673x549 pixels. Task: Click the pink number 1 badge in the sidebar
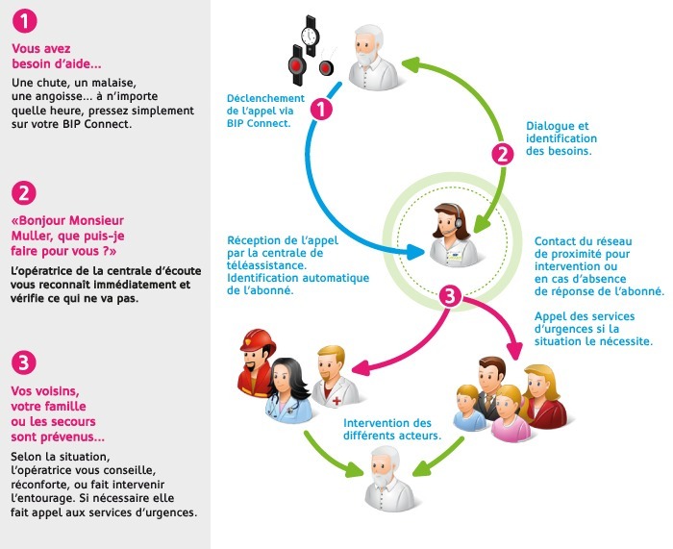pos(24,21)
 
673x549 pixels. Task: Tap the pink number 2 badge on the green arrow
pos(503,154)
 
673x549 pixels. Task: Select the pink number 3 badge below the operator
pos(450,296)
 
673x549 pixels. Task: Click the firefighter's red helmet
pos(258,340)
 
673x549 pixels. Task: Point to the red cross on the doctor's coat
pos(336,401)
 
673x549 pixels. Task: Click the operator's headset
pos(458,220)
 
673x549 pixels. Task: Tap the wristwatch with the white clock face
pos(310,36)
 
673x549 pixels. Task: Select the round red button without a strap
pos(326,67)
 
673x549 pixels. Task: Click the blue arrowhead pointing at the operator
pos(415,252)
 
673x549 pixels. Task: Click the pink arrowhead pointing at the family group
pos(515,351)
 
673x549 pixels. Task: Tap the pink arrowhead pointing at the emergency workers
pos(361,368)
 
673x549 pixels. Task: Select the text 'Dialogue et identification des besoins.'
pos(561,138)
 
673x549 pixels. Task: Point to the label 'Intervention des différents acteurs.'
pos(392,429)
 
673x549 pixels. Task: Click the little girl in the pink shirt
pos(511,413)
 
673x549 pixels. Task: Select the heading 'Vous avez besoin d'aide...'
pos(56,56)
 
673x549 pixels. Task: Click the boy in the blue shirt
pos(469,409)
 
